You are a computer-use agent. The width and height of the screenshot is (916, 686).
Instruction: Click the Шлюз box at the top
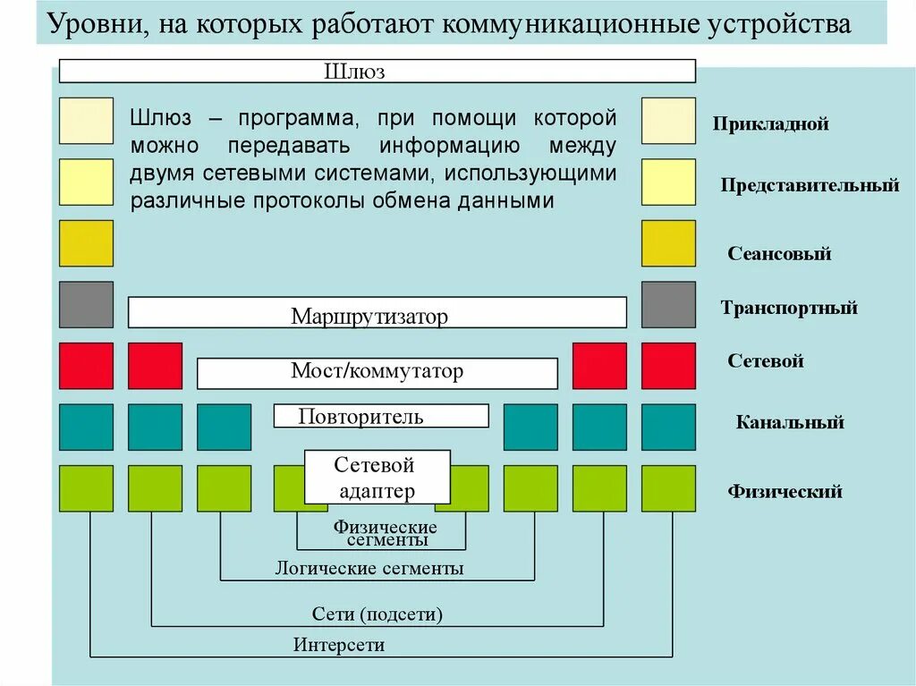(377, 72)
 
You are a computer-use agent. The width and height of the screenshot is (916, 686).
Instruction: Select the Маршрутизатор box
(377, 313)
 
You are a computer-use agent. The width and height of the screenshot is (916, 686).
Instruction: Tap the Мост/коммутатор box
(377, 372)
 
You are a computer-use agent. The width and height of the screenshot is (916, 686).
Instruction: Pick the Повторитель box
(381, 416)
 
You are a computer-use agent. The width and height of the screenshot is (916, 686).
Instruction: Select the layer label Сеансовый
(779, 253)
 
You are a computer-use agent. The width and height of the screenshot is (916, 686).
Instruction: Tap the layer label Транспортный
(789, 308)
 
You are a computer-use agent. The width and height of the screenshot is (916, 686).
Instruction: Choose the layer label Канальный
(790, 422)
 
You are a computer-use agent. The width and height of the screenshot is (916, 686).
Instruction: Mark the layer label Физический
(785, 491)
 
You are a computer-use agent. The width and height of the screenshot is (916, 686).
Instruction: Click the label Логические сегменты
(369, 568)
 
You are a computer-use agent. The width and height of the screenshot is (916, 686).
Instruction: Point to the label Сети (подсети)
(377, 614)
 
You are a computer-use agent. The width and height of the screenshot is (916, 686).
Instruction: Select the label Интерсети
(339, 645)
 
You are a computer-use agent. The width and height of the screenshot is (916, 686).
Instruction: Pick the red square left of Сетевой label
(668, 366)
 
